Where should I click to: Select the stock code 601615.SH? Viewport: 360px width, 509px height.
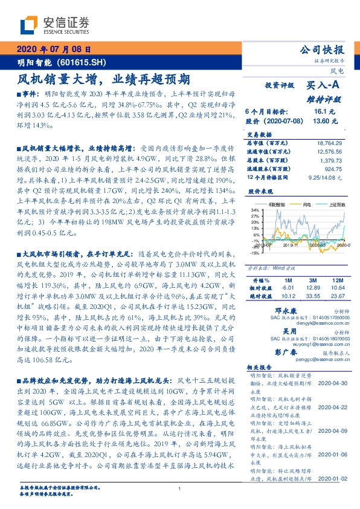[90, 62]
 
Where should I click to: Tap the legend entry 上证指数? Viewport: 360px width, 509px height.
[337, 206]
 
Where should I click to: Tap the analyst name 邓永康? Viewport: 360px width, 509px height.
[277, 310]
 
